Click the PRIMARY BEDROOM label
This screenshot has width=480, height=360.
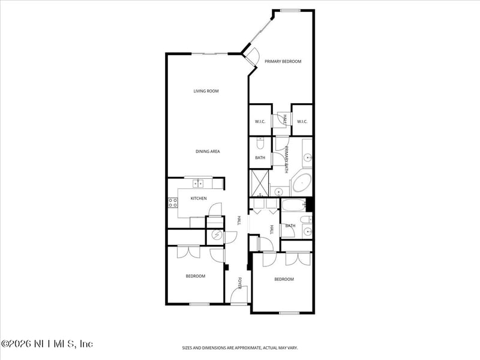click(x=283, y=61)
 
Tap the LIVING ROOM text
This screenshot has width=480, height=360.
click(x=206, y=91)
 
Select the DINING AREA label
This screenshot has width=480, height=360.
click(x=208, y=152)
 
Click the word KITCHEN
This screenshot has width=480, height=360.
click(x=199, y=199)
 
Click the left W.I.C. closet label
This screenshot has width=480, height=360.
click(x=260, y=122)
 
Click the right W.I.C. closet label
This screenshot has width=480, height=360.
click(x=302, y=122)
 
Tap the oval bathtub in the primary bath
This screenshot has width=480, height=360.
click(x=301, y=181)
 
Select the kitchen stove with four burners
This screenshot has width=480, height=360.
click(x=173, y=203)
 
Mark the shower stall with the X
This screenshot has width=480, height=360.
click(x=259, y=182)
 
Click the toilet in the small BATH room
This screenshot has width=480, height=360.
click(x=260, y=143)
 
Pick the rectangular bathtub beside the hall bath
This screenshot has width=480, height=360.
click(x=294, y=206)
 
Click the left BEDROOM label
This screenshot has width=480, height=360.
click(x=195, y=277)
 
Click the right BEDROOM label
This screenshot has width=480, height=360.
click(x=284, y=280)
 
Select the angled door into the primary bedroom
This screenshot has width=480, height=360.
click(x=252, y=56)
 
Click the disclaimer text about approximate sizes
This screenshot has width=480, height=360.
click(x=240, y=348)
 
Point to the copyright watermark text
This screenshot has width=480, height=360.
click(x=47, y=344)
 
